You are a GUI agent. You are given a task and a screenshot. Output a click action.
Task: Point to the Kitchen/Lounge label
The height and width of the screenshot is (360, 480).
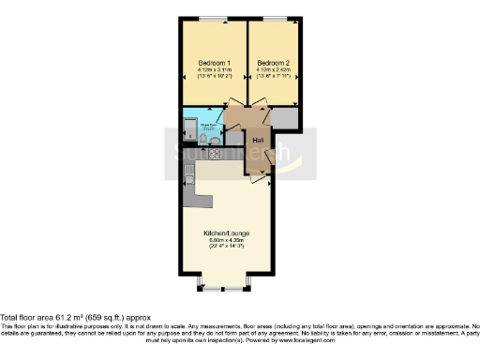click(226, 232)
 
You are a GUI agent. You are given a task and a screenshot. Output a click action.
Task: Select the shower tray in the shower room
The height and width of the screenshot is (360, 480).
click(190, 130)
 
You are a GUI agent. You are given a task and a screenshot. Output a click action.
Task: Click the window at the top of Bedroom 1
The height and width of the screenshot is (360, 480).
click(212, 18)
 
